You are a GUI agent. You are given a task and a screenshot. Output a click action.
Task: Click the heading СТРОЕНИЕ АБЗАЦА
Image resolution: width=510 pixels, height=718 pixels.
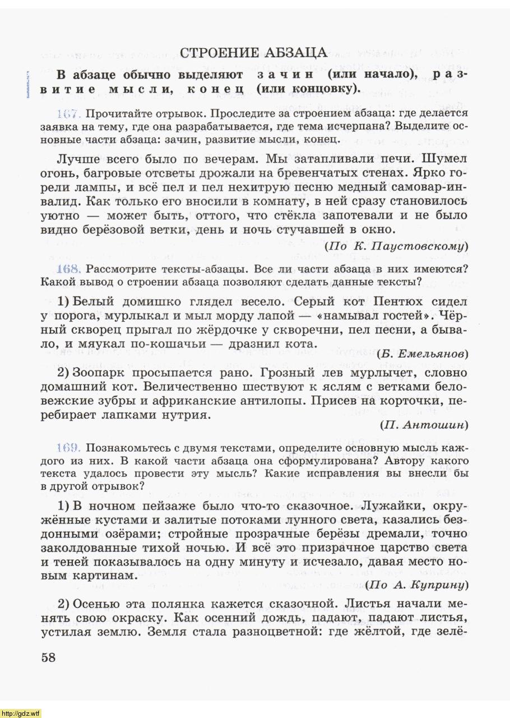[x=254, y=53]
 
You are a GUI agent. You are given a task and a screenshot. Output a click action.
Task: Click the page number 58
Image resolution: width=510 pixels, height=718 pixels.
[x=49, y=657]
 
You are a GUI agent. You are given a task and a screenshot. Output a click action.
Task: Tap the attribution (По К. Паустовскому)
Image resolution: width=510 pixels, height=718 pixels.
[x=396, y=246]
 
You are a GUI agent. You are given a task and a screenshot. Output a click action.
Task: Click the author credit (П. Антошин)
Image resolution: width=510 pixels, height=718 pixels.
[x=424, y=425]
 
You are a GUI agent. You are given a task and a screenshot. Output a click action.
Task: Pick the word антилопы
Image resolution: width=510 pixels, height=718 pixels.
[x=328, y=401]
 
